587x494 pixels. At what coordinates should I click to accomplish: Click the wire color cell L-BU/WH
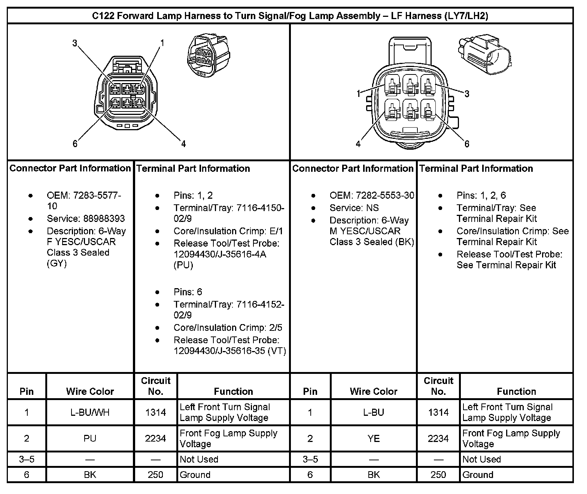tap(90, 412)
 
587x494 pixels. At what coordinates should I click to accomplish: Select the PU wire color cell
tap(90, 438)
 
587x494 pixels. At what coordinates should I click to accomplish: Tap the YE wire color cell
tap(373, 438)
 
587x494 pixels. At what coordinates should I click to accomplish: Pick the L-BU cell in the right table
tap(373, 412)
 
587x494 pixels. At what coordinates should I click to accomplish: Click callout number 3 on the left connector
tap(75, 43)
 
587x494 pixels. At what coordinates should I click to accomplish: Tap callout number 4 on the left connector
tap(183, 144)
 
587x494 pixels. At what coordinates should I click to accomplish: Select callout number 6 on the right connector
tap(467, 144)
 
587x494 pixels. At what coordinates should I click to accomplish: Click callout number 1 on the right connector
tap(358, 93)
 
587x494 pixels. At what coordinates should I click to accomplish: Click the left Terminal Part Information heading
tap(193, 168)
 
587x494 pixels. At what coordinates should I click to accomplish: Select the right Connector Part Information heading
tap(353, 168)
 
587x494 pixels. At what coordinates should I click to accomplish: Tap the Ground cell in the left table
tap(195, 475)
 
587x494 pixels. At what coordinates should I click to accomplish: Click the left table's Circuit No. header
tap(155, 386)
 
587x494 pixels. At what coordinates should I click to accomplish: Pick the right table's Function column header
tap(516, 391)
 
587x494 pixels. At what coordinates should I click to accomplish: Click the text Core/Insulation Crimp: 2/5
tap(228, 328)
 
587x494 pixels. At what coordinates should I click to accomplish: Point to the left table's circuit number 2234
tap(155, 438)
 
